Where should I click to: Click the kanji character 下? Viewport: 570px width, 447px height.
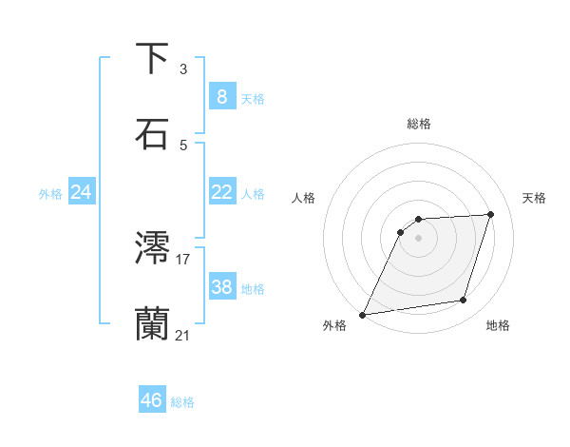tap(152, 59)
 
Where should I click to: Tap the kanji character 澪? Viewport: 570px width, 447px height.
tap(152, 248)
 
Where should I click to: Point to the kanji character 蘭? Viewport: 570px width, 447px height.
tap(152, 323)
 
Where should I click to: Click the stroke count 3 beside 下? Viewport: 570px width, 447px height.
tap(183, 69)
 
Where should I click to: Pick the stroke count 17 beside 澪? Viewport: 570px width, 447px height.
tap(183, 259)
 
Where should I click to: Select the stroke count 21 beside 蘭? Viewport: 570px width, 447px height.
tap(183, 335)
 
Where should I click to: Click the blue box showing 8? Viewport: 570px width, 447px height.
tap(221, 97)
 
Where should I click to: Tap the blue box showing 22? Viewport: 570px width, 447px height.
tap(221, 192)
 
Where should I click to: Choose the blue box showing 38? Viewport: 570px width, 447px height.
tap(221, 286)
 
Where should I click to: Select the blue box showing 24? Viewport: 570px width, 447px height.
tap(81, 192)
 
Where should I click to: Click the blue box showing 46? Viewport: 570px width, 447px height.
tap(152, 400)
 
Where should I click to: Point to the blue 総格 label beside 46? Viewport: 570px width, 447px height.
tap(183, 402)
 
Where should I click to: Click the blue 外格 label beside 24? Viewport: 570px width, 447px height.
tap(50, 194)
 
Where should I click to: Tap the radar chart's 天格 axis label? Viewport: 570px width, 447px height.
tap(535, 198)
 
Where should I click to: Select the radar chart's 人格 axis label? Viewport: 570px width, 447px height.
tap(304, 198)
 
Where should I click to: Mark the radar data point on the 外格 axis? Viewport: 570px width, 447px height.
tap(363, 314)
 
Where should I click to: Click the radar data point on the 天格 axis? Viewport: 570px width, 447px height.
tap(491, 214)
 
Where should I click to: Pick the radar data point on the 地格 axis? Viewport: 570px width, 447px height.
tap(464, 301)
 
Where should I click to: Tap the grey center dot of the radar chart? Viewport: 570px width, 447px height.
tap(419, 238)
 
